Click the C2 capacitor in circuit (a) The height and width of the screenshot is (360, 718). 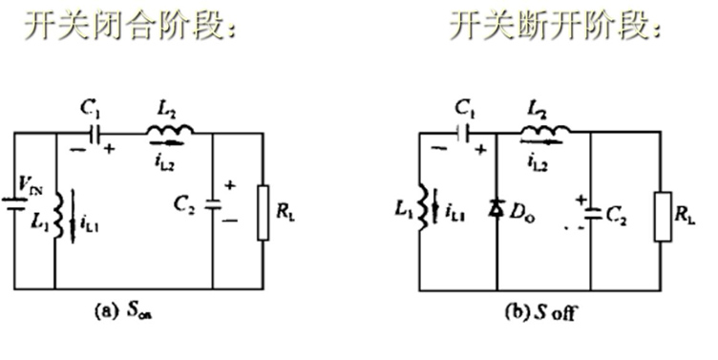point(212,203)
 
